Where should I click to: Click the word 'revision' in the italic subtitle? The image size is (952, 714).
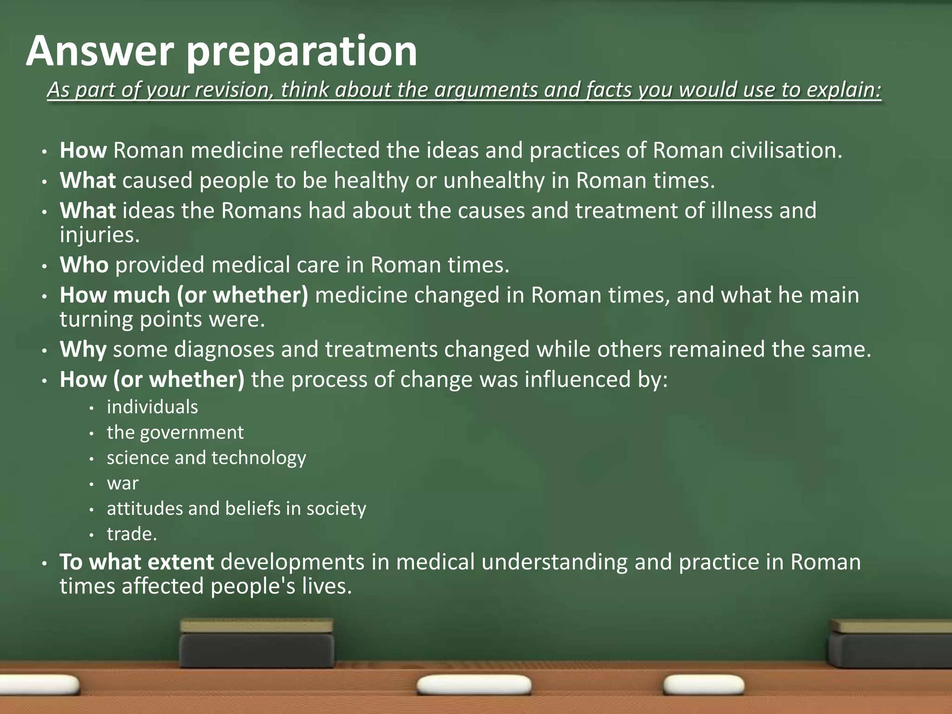point(228,90)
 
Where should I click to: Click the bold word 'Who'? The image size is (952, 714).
point(84,265)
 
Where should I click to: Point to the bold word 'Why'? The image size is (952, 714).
point(83,350)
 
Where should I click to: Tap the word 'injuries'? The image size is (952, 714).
point(99,235)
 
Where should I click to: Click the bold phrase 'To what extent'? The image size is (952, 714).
point(137,562)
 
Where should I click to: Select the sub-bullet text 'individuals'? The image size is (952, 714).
point(152,407)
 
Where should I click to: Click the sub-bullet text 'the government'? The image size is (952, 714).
point(175,433)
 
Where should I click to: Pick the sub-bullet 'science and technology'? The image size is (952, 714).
point(206,458)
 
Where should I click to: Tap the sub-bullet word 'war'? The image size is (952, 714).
point(123,483)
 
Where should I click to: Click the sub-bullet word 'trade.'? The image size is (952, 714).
point(132,534)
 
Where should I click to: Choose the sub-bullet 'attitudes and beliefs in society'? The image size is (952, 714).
point(236,509)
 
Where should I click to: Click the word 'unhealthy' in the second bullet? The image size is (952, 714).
point(494,180)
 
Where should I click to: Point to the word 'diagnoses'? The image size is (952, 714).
point(224,350)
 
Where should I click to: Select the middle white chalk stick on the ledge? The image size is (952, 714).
point(474,686)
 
